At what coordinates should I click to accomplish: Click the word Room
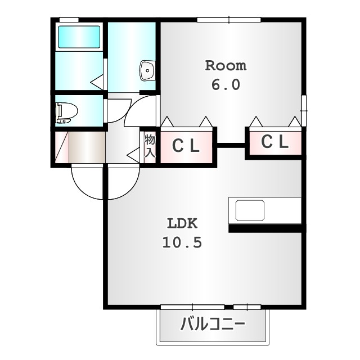tap(226, 65)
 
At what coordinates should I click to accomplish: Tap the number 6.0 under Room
tap(226, 85)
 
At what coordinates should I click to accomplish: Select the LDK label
tap(182, 223)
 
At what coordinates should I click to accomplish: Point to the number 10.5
tap(182, 242)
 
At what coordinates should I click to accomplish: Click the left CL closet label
tap(186, 146)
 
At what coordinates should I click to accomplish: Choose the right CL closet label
tap(274, 142)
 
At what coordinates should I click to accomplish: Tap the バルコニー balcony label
tap(212, 325)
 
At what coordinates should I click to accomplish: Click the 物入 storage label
tap(150, 145)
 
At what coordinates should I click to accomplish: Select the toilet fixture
tap(65, 112)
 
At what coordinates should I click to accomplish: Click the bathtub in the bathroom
tap(79, 37)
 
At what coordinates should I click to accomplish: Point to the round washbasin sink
tap(147, 71)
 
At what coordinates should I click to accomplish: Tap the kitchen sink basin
tap(250, 211)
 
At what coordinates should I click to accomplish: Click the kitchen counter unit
tap(265, 211)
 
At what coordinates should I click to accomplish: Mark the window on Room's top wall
tap(229, 20)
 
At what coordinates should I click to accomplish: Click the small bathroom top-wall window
tap(69, 20)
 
